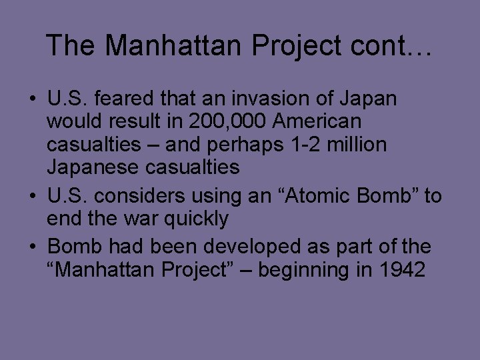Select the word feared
pyautogui.click(x=127, y=99)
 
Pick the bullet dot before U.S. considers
pyautogui.click(x=32, y=197)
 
